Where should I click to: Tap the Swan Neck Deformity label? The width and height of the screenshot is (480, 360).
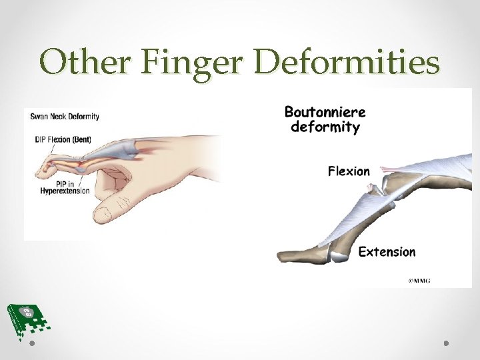click(x=65, y=116)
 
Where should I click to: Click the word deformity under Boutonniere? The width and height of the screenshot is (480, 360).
click(x=325, y=127)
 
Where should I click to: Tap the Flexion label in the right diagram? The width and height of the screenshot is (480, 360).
click(x=349, y=171)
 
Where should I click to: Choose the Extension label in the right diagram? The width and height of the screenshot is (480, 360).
click(x=387, y=251)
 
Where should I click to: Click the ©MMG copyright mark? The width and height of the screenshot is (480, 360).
click(x=419, y=281)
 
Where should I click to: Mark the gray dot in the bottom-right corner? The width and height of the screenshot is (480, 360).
click(x=446, y=343)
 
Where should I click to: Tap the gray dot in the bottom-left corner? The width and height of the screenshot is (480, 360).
click(x=32, y=343)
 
